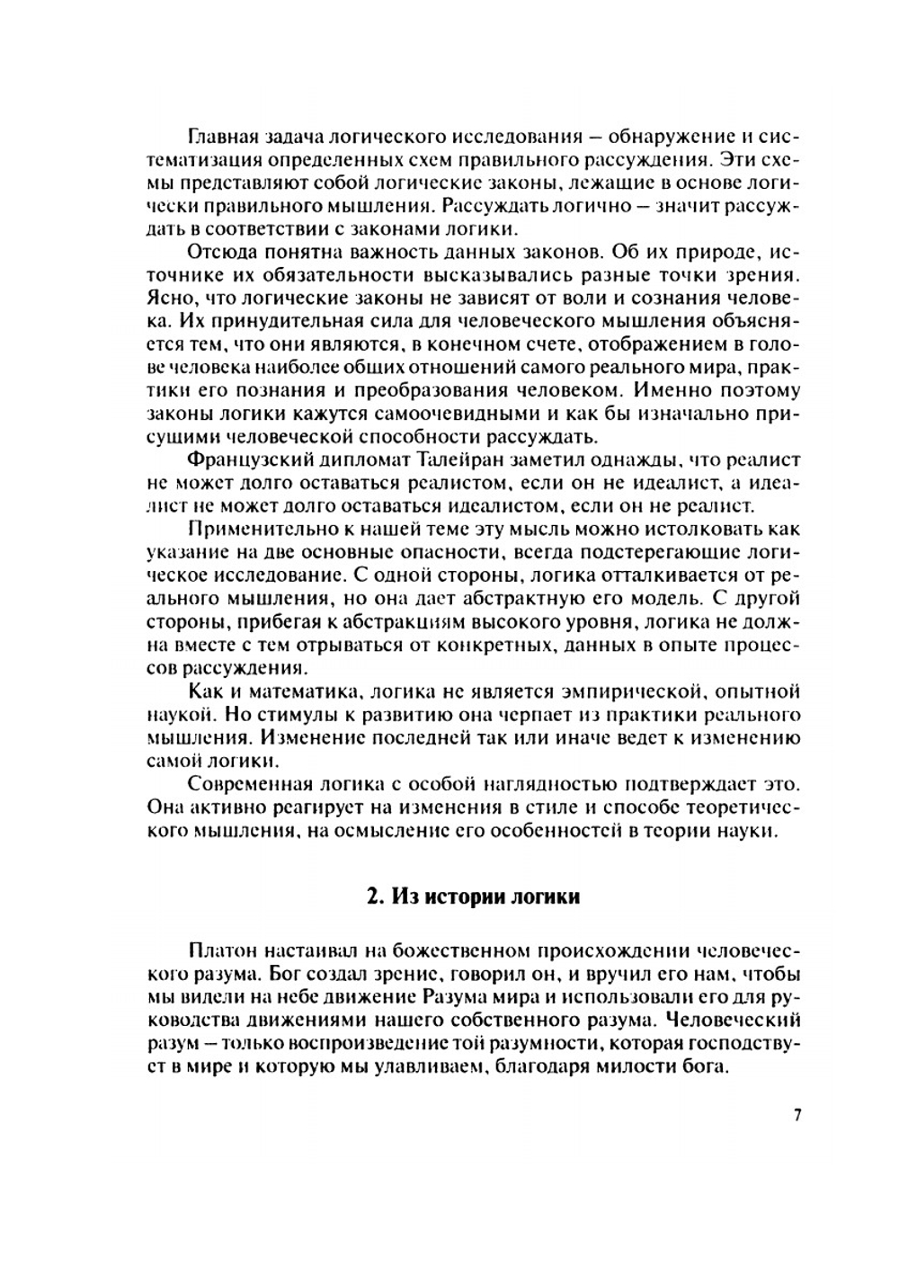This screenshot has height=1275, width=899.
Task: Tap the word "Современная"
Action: (x=242, y=781)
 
